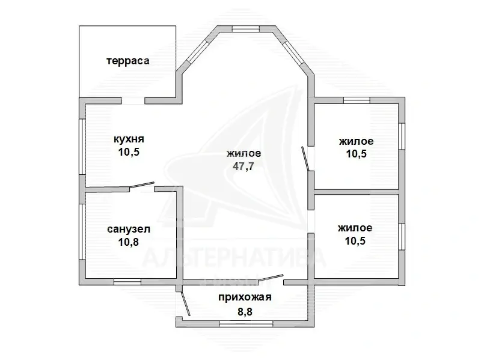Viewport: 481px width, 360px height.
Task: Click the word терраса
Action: click(x=127, y=61)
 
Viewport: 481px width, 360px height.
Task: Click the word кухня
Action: click(x=129, y=139)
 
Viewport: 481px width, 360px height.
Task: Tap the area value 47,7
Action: click(x=243, y=166)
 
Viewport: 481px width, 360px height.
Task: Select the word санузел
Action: click(x=129, y=229)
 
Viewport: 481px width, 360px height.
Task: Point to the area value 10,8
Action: click(x=129, y=242)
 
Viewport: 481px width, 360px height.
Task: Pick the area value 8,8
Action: click(x=245, y=311)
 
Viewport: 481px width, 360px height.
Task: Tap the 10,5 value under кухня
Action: click(x=129, y=152)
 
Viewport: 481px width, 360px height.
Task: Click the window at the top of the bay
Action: click(x=245, y=28)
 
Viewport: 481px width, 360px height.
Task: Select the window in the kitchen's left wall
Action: click(x=82, y=147)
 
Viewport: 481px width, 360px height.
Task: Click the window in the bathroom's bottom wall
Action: click(x=127, y=281)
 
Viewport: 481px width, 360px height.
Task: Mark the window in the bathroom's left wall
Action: click(x=82, y=233)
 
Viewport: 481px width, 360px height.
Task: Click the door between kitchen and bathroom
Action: click(x=142, y=187)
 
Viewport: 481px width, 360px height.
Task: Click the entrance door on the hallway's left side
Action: click(x=184, y=303)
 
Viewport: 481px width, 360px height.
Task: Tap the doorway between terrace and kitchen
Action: click(x=133, y=100)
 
